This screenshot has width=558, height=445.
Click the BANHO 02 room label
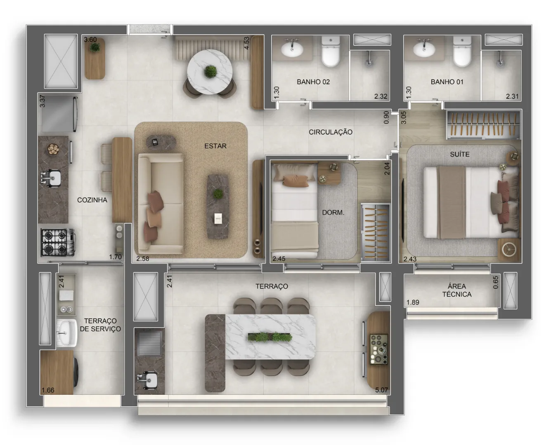click(313, 82)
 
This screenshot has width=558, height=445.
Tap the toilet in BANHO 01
click(462, 51)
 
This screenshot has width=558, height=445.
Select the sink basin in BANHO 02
click(292, 49)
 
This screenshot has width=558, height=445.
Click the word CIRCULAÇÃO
click(330, 132)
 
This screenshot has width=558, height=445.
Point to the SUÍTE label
click(459, 154)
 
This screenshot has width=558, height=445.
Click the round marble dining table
click(210, 72)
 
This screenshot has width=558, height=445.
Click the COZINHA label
click(92, 200)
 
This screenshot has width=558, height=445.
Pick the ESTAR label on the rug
click(215, 146)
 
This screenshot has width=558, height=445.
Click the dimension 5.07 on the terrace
click(381, 390)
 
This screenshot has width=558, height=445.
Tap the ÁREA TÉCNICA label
click(456, 290)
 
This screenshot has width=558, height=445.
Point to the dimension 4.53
click(246, 43)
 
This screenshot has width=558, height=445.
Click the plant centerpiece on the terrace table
click(270, 337)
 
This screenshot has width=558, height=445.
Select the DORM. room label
click(333, 213)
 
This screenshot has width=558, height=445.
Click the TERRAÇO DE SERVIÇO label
click(100, 325)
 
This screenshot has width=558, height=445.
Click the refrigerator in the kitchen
click(58, 114)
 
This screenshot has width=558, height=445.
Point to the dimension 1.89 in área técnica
click(413, 302)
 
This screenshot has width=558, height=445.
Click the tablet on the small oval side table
click(155, 142)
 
